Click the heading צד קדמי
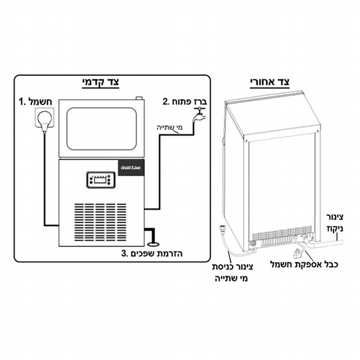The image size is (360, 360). [100, 82]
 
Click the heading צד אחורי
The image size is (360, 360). [270, 82]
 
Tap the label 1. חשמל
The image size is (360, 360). [35, 102]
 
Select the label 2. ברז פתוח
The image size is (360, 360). [184, 102]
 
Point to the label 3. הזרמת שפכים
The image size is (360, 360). [152, 253]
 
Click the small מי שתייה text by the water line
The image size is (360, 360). [169, 127]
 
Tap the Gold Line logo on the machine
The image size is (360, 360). [131, 168]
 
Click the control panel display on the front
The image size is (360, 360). [101, 180]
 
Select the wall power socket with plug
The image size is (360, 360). [44, 118]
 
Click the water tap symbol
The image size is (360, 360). [199, 116]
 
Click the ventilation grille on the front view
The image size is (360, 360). [100, 222]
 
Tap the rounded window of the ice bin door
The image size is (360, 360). [102, 129]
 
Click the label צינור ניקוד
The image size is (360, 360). [335, 222]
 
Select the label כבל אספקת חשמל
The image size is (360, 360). [304, 264]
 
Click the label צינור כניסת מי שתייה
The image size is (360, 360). [232, 273]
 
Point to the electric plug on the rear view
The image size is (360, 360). [298, 254]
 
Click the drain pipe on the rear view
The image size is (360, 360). [325, 244]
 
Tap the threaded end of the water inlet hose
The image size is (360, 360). [222, 228]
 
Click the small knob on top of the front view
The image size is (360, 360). [139, 98]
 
